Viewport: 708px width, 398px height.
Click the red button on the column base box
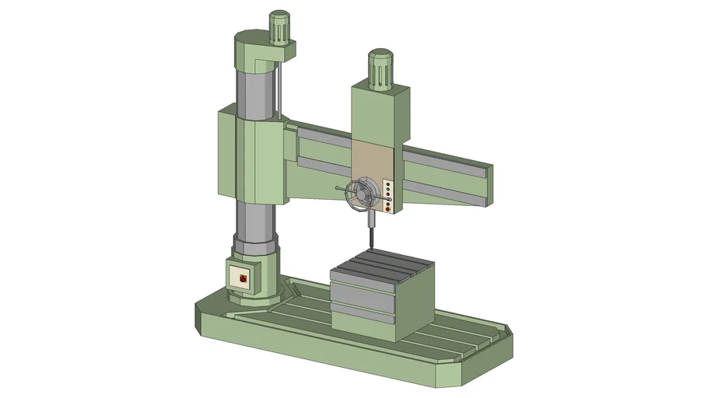(x=241, y=278)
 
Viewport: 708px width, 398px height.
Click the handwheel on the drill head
(x=361, y=196)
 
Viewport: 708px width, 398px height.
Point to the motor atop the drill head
(x=380, y=68)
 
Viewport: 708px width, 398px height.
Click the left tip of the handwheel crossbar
(x=337, y=189)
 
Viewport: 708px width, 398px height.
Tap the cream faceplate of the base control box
(x=241, y=277)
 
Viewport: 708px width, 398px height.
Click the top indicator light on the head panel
(x=387, y=183)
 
